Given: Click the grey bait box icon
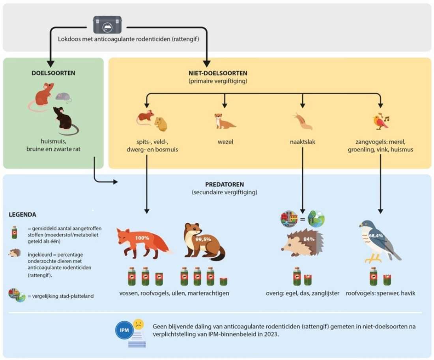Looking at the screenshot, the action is click(107, 25).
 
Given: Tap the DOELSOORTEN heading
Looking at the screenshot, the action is click(53, 73).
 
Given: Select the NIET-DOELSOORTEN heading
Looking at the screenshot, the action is click(218, 73).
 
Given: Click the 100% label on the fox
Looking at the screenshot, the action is click(142, 238).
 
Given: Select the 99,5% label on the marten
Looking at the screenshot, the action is click(203, 239).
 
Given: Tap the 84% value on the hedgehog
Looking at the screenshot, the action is click(309, 239).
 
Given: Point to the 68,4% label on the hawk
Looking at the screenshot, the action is click(376, 236).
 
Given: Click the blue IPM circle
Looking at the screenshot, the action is click(124, 330).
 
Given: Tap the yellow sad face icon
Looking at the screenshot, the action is click(138, 324).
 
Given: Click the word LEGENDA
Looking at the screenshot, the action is click(22, 215).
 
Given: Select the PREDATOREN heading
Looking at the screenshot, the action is click(224, 185).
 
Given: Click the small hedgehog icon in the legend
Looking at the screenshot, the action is click(14, 253).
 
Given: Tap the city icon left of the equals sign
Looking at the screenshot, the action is click(289, 219).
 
